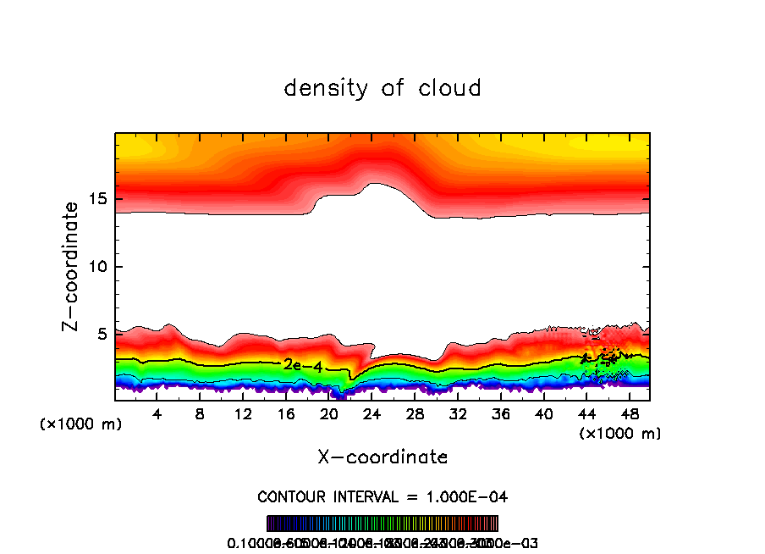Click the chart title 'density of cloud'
point(382,88)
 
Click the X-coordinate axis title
point(382,457)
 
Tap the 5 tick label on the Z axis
point(100,335)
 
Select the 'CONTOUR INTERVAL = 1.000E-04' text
point(382,496)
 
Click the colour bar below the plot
point(382,524)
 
